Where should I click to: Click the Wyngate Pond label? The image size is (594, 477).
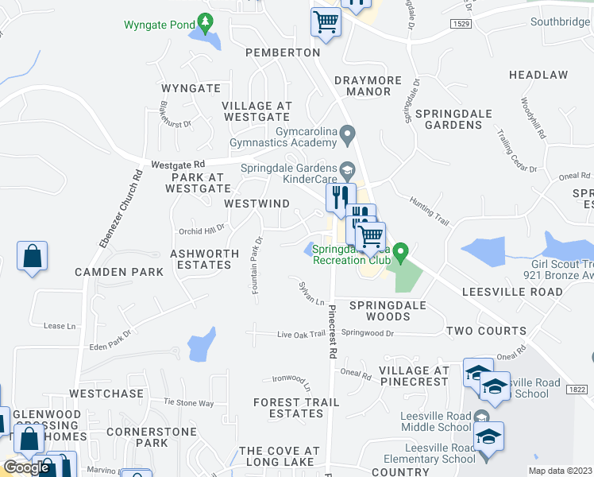(x=160, y=25)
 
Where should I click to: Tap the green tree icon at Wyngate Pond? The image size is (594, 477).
(x=206, y=21)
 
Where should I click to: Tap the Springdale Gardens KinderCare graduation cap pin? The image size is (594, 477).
(x=346, y=169)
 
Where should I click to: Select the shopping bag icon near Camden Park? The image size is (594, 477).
(x=32, y=257)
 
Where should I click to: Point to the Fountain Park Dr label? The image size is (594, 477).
(x=256, y=266)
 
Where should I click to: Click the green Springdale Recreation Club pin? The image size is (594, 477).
(x=402, y=253)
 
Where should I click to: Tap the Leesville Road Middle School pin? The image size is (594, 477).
(x=481, y=417)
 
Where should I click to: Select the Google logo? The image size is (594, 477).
(x=26, y=467)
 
